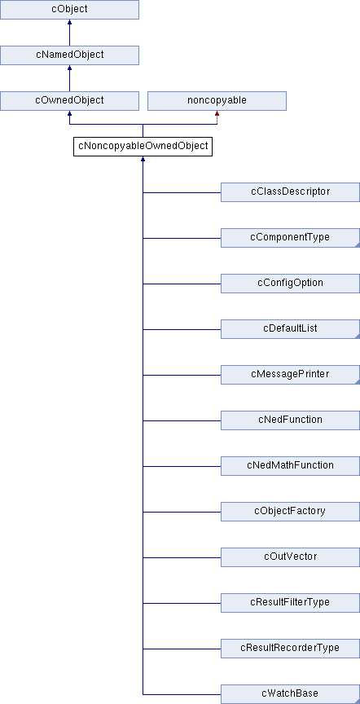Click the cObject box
click(69, 10)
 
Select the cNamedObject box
click(69, 55)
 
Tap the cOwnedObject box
click(69, 101)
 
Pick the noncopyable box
click(217, 101)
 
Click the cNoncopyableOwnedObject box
click(143, 147)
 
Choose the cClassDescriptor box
click(291, 192)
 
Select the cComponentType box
click(291, 238)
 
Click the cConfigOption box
click(291, 284)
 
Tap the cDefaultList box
click(291, 329)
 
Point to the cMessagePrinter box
click(291, 375)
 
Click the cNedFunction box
click(291, 420)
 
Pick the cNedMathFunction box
click(291, 466)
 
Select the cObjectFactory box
click(291, 512)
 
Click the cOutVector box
click(291, 557)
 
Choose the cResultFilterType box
click(291, 603)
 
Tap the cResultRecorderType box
click(291, 649)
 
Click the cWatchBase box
click(291, 694)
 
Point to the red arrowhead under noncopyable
click(217, 113)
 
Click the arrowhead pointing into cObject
click(69, 22)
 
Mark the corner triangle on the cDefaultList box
click(358, 337)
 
